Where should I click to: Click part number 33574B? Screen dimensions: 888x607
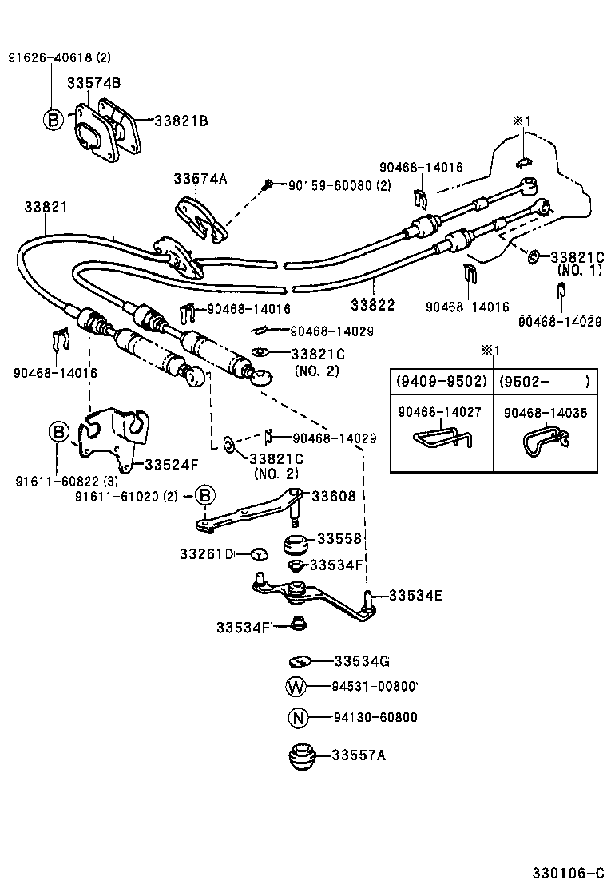point(93,82)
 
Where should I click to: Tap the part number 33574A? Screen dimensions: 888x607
point(200,179)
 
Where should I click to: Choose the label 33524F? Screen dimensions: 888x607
point(171,463)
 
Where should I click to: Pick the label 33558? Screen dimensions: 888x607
point(339,539)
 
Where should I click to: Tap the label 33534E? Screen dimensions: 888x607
point(415,595)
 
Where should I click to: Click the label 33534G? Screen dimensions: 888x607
point(361,661)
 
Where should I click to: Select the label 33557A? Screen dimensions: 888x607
point(359,755)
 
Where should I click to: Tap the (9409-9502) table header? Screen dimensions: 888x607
point(441,381)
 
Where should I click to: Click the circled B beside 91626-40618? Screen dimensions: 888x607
point(53,121)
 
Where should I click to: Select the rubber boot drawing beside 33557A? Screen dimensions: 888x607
point(301,756)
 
